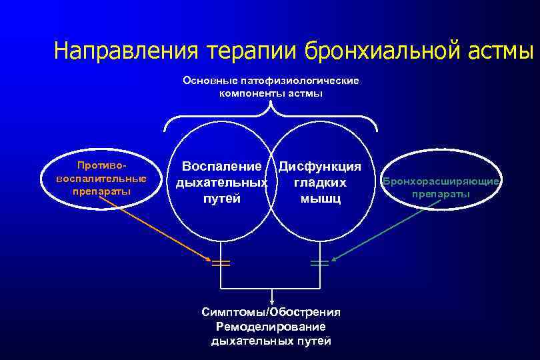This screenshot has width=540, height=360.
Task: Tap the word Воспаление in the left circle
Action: [x=221, y=166]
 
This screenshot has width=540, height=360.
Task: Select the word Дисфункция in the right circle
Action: [x=320, y=166]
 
